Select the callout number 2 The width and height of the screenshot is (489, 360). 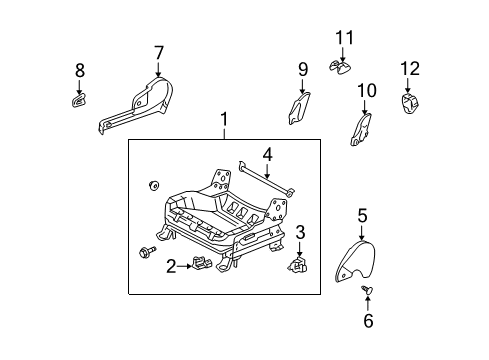coord(171,265)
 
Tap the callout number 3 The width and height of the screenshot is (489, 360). coord(300,233)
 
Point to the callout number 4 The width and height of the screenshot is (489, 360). coord(267,154)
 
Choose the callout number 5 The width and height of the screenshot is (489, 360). coord(362,214)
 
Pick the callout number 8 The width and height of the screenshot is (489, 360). coord(80,70)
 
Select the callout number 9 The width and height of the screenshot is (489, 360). coord(302,69)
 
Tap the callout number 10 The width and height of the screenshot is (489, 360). coord(366,91)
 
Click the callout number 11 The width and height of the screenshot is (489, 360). coord(344,38)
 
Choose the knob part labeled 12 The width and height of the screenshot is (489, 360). coord(411,104)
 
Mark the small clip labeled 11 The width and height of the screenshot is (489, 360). coord(340,67)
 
